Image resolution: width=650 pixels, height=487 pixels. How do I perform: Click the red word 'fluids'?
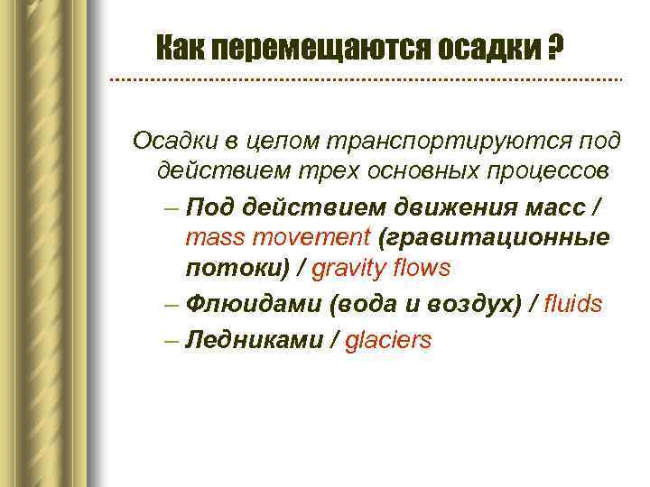[572, 304]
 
